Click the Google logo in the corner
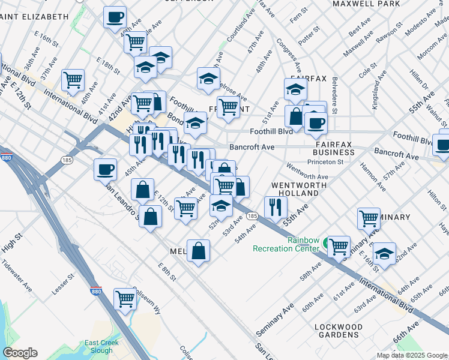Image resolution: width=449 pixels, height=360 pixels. pos(20,353)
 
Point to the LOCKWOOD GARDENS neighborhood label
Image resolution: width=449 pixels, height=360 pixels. pos(339,331)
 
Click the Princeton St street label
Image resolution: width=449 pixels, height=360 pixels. pos(325,162)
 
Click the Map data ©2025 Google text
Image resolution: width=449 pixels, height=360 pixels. pos(411,355)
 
